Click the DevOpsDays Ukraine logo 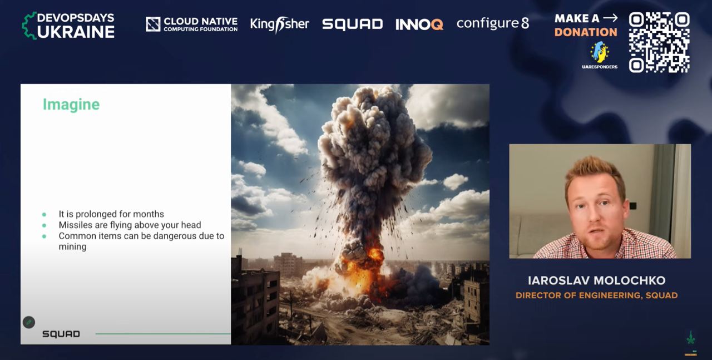[68, 26]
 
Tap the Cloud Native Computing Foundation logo [192, 24]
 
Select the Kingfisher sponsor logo [279, 24]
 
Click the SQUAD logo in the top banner [352, 24]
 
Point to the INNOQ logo [419, 24]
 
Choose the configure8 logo [493, 23]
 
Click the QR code [659, 42]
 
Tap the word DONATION [586, 32]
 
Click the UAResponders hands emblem [600, 52]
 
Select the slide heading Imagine [71, 104]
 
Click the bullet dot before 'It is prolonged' [44, 215]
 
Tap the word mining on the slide [72, 247]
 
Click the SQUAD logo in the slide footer [61, 334]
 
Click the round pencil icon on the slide [29, 323]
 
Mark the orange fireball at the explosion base [365, 270]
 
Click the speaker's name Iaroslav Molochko [597, 280]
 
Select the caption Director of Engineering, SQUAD [597, 295]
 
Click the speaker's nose [593, 216]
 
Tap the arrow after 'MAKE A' [610, 18]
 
